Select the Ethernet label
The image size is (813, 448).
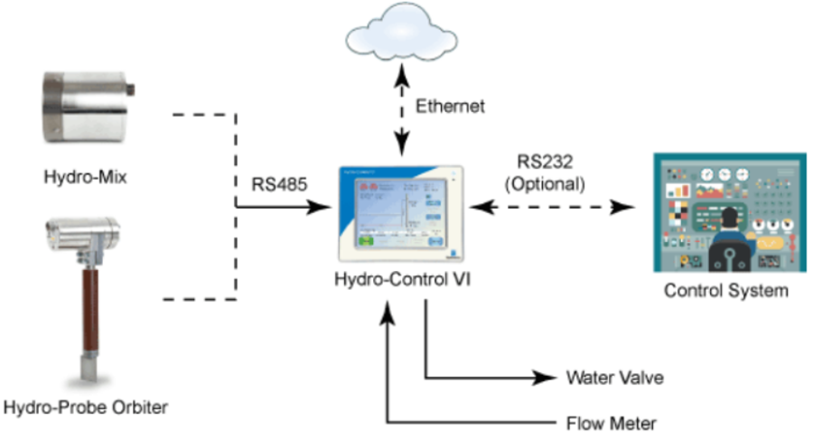pyautogui.click(x=450, y=107)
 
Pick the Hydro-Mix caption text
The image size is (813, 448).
pyautogui.click(x=85, y=177)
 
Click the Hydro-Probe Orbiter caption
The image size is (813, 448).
pyautogui.click(x=85, y=407)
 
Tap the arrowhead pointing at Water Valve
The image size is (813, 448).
pyautogui.click(x=545, y=378)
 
